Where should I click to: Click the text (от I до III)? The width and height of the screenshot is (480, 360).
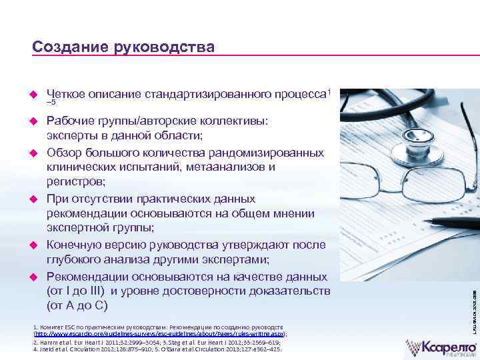(76, 291)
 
